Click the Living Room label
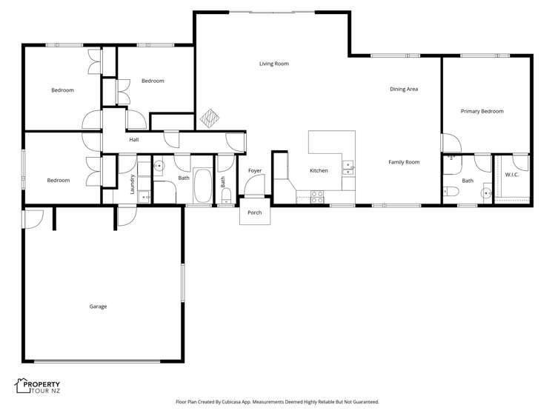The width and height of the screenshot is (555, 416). tap(274, 64)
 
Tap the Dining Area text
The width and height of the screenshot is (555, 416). tap(404, 89)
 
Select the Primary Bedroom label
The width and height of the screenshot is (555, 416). tap(482, 111)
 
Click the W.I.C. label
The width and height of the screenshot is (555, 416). tap(512, 175)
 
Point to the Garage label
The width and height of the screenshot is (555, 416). tap(98, 306)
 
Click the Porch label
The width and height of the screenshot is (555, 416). tap(255, 212)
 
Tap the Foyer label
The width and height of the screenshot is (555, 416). tap(255, 171)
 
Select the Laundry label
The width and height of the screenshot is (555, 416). tap(133, 184)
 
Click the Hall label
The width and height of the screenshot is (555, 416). tap(134, 140)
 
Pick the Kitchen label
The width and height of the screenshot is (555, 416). tap(319, 171)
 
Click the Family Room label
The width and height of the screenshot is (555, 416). tap(404, 162)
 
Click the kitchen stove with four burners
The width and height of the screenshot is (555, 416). tap(317, 197)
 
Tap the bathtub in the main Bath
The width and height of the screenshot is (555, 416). tap(202, 186)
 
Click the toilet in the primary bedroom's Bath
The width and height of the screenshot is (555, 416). tap(451, 192)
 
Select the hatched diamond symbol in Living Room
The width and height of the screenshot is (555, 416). tap(210, 118)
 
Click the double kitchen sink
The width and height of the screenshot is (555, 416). tap(348, 168)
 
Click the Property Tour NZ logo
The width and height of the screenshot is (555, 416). tap(38, 386)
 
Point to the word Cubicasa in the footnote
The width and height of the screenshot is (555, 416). tap(231, 402)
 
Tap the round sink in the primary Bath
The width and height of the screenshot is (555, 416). tap(488, 193)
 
